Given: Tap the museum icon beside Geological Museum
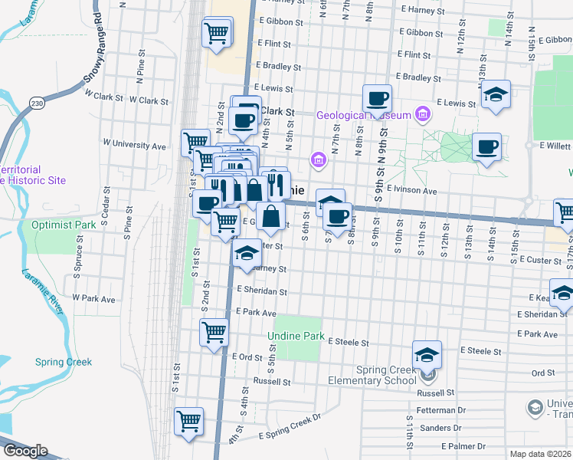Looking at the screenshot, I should point(421,115).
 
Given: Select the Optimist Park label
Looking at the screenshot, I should point(64,225).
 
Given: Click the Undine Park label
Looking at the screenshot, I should point(296,337).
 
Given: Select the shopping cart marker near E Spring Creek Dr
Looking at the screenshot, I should point(188,421).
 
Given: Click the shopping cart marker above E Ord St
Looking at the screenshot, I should point(214,332).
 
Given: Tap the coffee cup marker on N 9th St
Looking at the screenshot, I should point(377,98).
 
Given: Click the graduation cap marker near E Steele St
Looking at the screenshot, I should point(427,354).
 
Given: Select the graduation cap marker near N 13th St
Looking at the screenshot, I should point(496,94).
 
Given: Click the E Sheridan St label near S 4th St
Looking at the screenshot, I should point(262,291).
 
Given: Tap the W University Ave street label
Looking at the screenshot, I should point(134,145).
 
